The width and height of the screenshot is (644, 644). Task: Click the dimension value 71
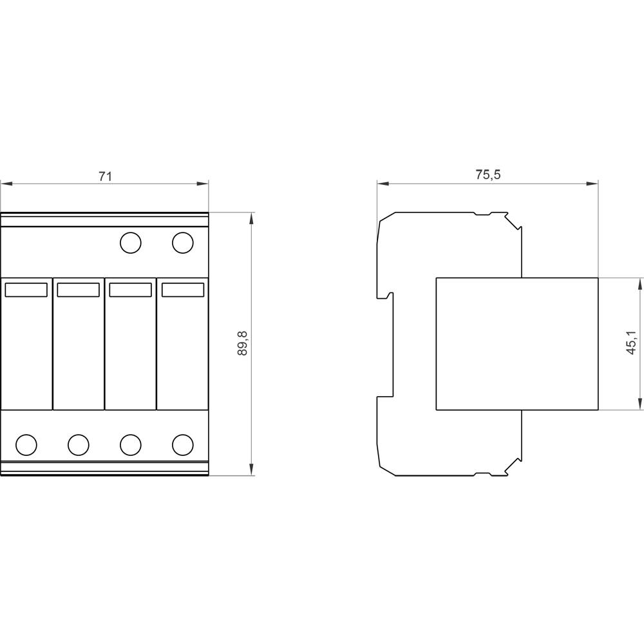pos(105,176)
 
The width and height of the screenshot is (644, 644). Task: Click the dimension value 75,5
pos(488,175)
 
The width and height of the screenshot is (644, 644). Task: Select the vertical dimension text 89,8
pos(242,345)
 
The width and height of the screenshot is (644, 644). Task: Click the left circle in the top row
pos(131,243)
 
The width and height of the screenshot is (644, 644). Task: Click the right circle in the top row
pos(182,243)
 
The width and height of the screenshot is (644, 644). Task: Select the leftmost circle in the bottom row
pos(26,444)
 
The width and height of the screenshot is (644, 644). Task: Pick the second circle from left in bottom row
pos(78,444)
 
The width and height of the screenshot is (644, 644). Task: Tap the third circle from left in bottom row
pos(131,444)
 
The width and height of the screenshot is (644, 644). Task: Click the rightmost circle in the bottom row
pos(183,444)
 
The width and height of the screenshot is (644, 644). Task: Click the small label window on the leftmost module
pos(26,290)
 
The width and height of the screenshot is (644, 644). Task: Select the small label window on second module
pos(78,290)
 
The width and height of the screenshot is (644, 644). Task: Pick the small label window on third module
pos(131,290)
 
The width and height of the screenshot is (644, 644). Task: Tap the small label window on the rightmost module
pos(183,290)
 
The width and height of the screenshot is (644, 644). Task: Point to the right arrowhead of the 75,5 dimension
pos(593,184)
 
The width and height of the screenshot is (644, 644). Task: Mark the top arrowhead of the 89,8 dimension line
pos(251,218)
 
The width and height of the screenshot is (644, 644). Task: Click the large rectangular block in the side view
pos(517,343)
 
